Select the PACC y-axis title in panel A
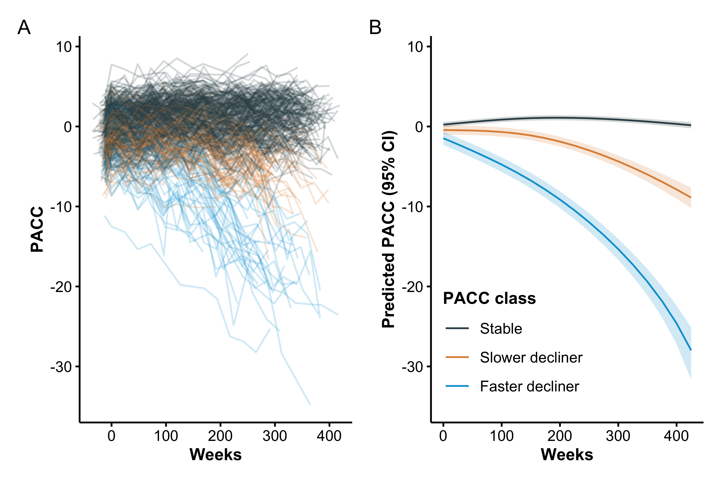pyautogui.click(x=37, y=229)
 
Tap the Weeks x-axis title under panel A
pyautogui.click(x=215, y=455)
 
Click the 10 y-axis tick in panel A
pyautogui.click(x=63, y=47)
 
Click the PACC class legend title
pyautogui.click(x=489, y=298)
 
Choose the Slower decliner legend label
pyautogui.click(x=531, y=357)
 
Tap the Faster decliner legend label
pyautogui.click(x=529, y=386)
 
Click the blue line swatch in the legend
pyautogui.click(x=457, y=386)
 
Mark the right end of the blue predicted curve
pyautogui.click(x=691, y=350)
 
